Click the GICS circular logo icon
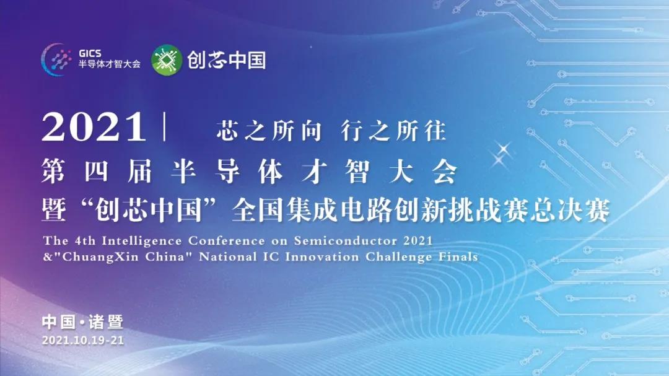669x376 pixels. (58, 59)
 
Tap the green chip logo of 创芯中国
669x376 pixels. (167, 59)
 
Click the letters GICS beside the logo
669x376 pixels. (90, 53)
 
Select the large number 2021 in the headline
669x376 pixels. (94, 127)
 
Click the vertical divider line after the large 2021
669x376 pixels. (165, 127)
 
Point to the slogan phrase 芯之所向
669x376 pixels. (269, 130)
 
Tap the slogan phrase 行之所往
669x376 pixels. (393, 130)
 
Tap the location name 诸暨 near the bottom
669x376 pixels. (106, 322)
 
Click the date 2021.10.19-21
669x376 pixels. (83, 340)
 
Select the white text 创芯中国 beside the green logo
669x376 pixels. (227, 60)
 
